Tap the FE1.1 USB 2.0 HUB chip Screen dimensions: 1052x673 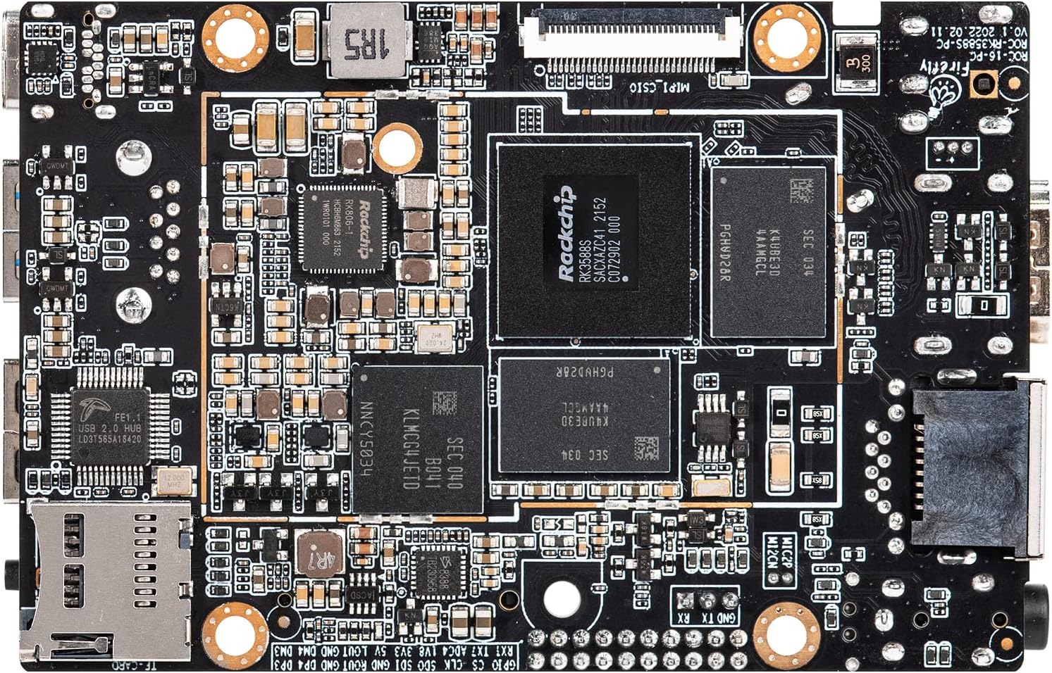pyautogui.click(x=110, y=425)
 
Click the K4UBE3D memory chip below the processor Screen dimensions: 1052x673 pyautogui.click(x=584, y=415)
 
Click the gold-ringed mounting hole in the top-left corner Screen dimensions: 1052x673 pyautogui.click(x=235, y=36)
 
